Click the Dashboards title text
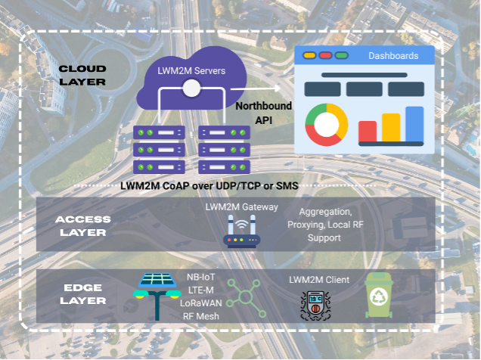(x=393, y=56)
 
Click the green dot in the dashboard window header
(x=341, y=56)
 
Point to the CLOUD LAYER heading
(x=82, y=74)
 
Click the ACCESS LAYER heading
(x=82, y=225)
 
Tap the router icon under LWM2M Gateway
(x=241, y=231)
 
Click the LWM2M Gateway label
(x=241, y=206)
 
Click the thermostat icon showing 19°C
(x=316, y=306)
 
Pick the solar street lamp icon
(x=157, y=296)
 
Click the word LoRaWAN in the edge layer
(x=200, y=303)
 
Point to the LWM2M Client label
(x=319, y=280)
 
